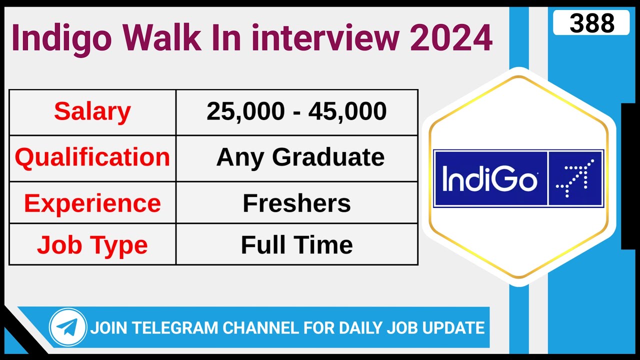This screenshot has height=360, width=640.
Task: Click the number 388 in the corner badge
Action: [591, 23]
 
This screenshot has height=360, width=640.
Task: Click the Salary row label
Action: [92, 111]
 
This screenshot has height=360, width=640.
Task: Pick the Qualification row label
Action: [92, 157]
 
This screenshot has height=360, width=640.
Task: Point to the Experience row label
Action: [92, 203]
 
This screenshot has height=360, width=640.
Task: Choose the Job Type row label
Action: [92, 245]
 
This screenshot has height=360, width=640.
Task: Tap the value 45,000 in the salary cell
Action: [347, 111]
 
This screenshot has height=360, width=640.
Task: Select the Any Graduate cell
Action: [300, 157]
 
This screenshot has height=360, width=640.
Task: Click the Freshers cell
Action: [296, 203]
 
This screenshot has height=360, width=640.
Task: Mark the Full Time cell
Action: [296, 245]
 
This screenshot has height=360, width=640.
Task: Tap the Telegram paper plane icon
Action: [67, 327]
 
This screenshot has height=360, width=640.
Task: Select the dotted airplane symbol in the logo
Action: [575, 178]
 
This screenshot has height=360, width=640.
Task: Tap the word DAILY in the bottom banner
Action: [362, 328]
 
